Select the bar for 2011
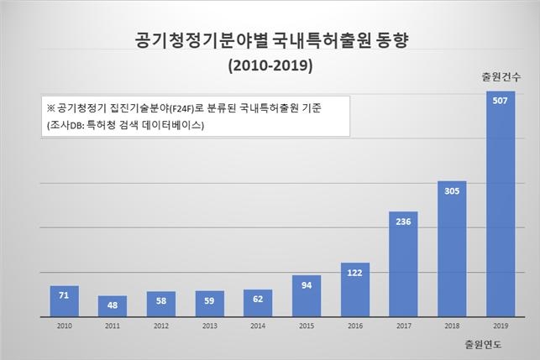click(x=113, y=306)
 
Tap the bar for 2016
click(x=355, y=290)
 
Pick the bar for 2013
click(x=209, y=304)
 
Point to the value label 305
click(x=452, y=191)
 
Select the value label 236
click(x=404, y=222)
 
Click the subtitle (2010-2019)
click(x=270, y=64)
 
